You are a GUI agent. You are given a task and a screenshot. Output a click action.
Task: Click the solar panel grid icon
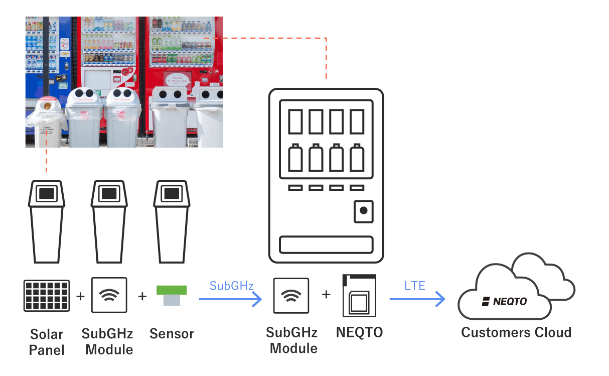click(x=46, y=296)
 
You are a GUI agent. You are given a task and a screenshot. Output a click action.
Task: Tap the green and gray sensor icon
click(x=172, y=296)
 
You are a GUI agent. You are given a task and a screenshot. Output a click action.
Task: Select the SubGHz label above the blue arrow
click(x=231, y=286)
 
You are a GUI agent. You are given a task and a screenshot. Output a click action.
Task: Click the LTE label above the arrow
click(x=415, y=286)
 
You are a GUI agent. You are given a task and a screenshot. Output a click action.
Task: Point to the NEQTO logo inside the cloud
click(x=504, y=301)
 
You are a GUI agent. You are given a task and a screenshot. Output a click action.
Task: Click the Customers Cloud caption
click(x=516, y=332)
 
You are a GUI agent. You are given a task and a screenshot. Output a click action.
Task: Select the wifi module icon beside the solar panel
click(x=109, y=295)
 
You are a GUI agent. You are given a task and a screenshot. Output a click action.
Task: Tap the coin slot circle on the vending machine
click(x=364, y=211)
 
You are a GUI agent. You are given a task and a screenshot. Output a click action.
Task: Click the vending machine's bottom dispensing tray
click(x=326, y=244)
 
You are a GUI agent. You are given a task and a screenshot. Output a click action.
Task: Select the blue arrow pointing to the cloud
click(x=417, y=300)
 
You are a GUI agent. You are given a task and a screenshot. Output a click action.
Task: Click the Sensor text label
click(x=172, y=334)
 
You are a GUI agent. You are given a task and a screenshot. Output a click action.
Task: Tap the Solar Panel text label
click(x=47, y=342)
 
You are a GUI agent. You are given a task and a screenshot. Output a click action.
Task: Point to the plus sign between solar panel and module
click(x=80, y=296)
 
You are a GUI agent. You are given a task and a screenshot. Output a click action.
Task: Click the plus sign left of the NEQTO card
click(x=326, y=294)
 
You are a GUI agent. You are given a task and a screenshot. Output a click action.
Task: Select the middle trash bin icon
click(x=109, y=221)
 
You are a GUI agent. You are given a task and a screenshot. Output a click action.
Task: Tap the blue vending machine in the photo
click(x=48, y=50)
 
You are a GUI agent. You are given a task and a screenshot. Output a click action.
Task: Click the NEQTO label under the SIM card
click(x=359, y=332)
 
